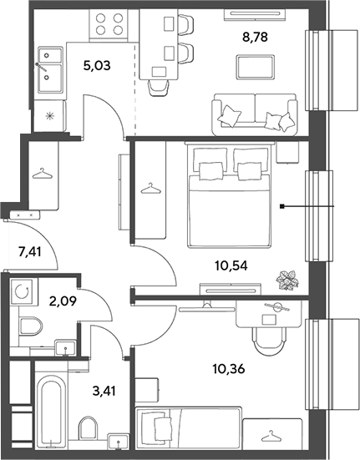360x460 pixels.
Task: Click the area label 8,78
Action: click(x=255, y=38)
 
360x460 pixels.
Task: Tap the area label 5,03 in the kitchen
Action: click(x=97, y=66)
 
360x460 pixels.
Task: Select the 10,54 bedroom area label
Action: click(x=231, y=265)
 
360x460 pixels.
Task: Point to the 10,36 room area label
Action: click(x=229, y=369)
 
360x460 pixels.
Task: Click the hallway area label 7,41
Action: click(x=29, y=252)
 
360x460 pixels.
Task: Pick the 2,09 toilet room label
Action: click(x=63, y=301)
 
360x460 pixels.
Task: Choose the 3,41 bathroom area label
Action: click(x=104, y=391)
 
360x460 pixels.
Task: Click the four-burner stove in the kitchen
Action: click(x=109, y=24)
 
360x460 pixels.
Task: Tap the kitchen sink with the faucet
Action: click(x=50, y=70)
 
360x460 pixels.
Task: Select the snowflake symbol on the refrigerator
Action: click(x=50, y=116)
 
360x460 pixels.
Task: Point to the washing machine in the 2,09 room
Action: click(x=23, y=292)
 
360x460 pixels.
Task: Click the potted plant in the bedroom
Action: click(x=287, y=281)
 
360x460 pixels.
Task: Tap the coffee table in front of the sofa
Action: click(x=256, y=67)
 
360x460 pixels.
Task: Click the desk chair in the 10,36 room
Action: click(x=269, y=341)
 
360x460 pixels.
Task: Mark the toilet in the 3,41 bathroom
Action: click(x=88, y=428)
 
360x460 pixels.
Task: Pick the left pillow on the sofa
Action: click(x=229, y=116)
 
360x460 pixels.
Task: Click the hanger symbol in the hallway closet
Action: click(x=43, y=173)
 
